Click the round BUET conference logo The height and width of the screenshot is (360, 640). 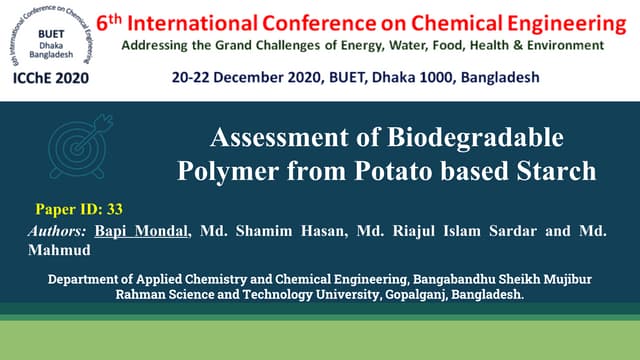49,33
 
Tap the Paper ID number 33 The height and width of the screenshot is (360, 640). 113,209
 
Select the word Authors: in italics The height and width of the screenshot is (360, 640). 58,231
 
